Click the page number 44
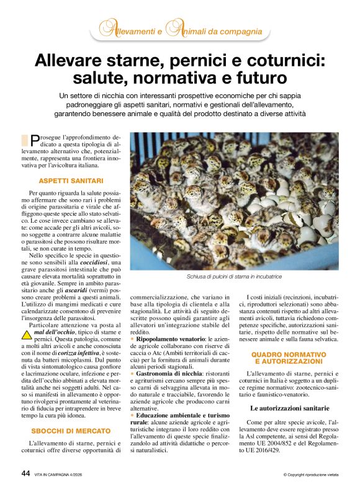pos(25,473)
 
